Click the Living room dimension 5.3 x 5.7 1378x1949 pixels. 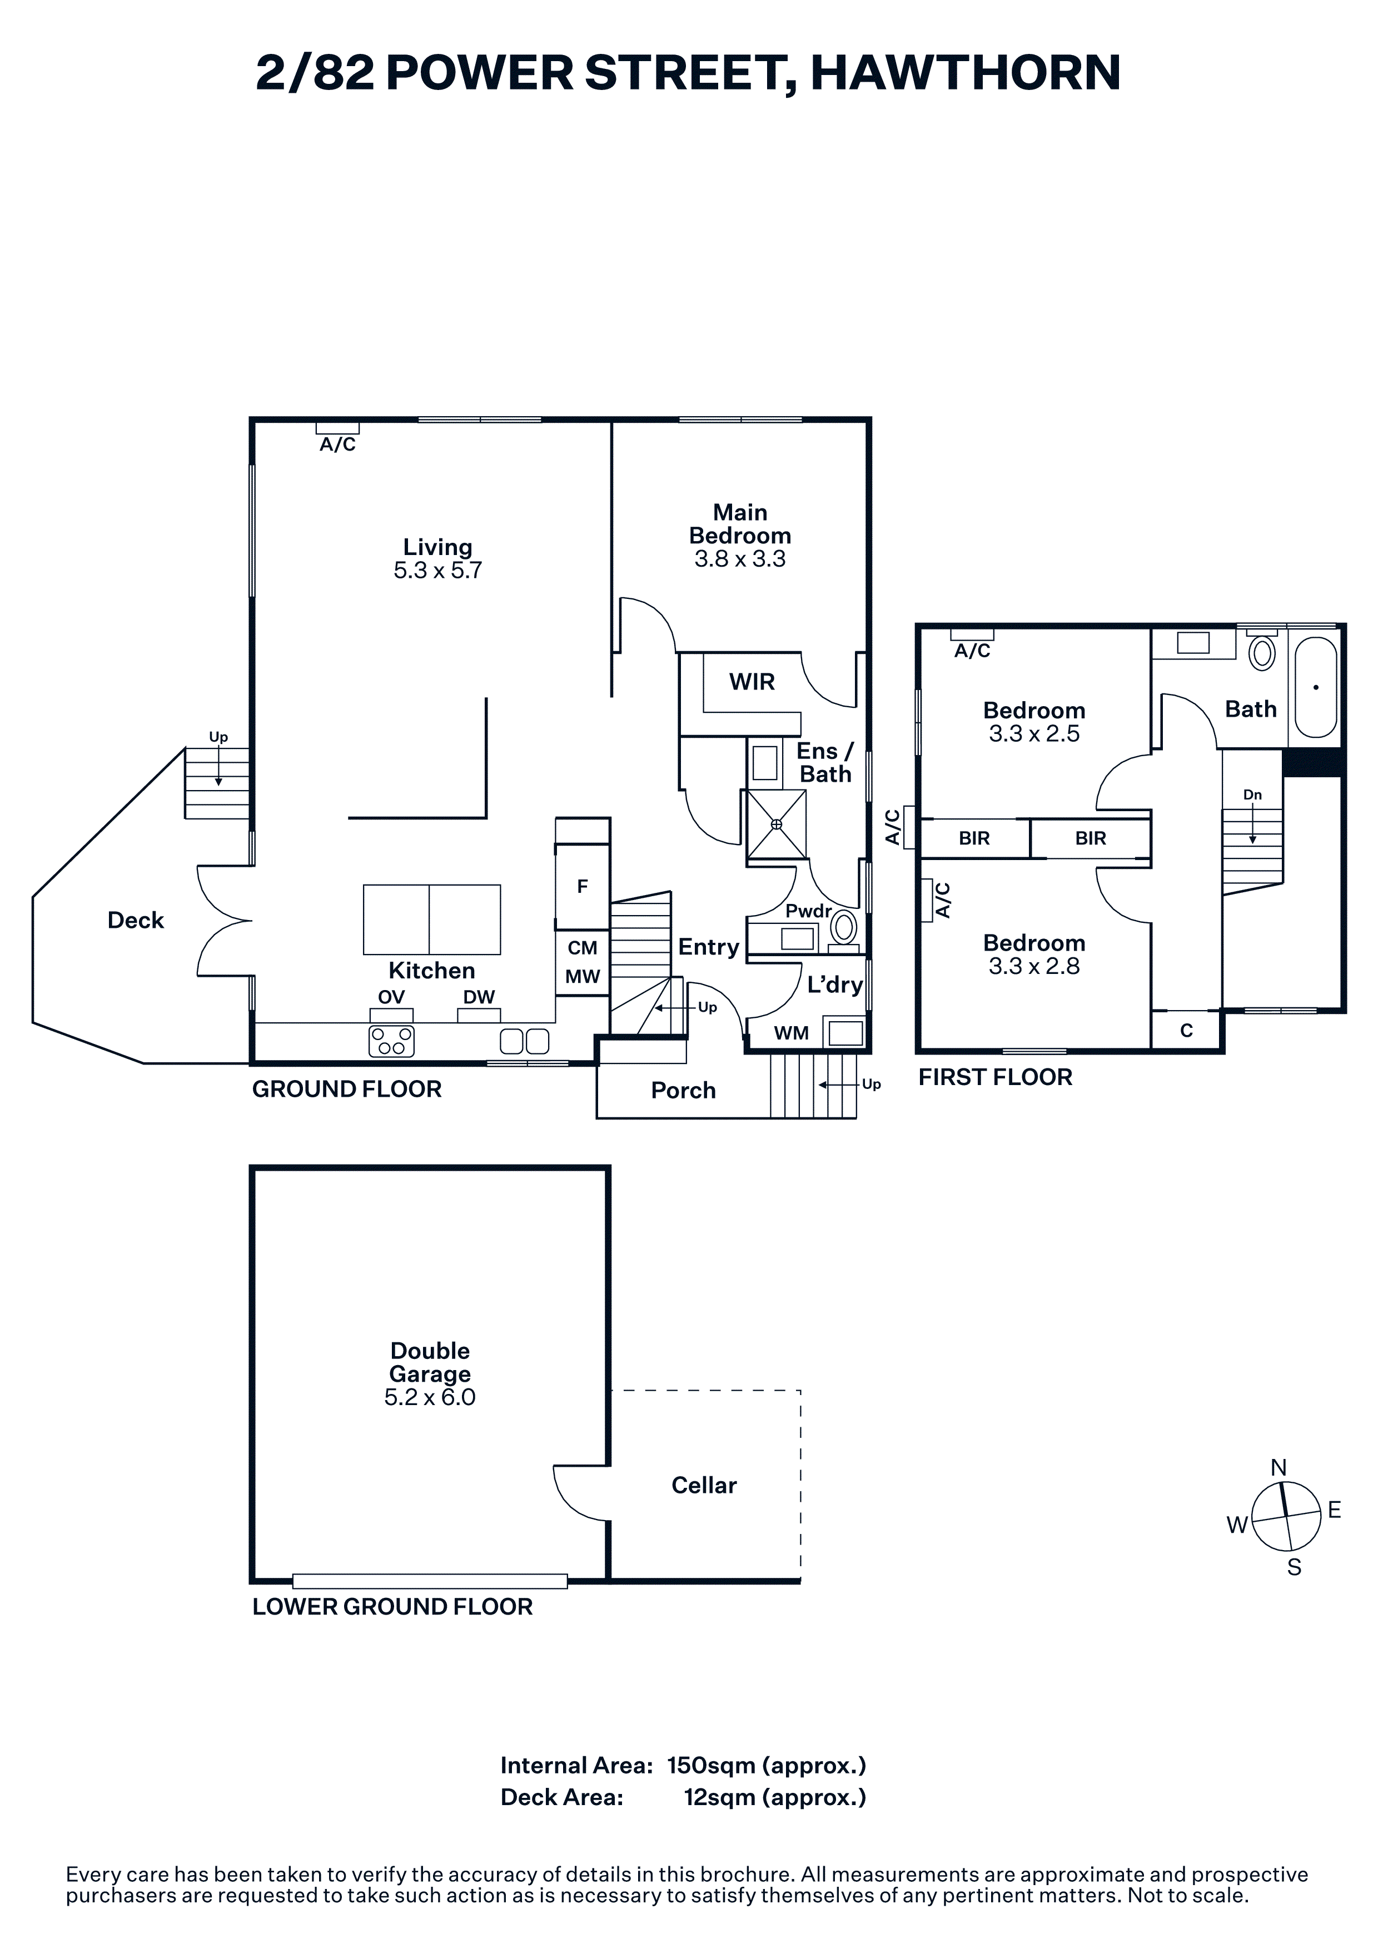point(437,571)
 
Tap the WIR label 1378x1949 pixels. point(752,682)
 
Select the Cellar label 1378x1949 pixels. point(704,1485)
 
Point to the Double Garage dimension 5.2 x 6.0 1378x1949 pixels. point(430,1397)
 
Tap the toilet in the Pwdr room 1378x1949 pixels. point(844,927)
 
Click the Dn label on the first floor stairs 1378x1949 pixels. point(1252,794)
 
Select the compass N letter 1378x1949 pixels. point(1278,1468)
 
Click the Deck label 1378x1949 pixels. point(136,920)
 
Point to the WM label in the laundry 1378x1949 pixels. point(792,1033)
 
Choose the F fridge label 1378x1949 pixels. point(583,886)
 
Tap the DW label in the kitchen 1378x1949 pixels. point(479,997)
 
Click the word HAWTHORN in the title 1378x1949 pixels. point(966,72)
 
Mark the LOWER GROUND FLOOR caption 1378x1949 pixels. point(392,1606)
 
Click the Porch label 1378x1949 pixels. point(684,1090)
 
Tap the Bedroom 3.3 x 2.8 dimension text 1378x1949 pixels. point(1034,966)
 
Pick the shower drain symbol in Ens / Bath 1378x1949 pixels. point(776,824)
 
